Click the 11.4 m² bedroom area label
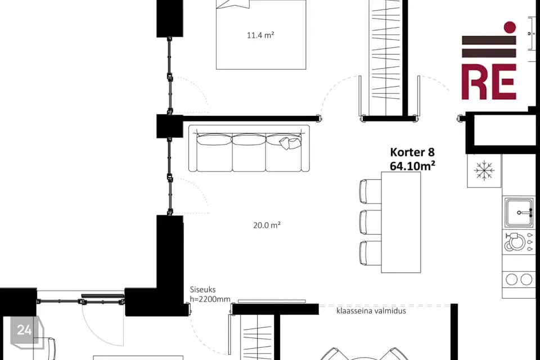260,35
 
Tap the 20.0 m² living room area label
267,226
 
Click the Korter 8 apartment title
412,152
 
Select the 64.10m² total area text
412,166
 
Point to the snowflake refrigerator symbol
484,170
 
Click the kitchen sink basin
519,212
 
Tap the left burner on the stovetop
512,279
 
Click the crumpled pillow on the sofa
289,143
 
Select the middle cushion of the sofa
249,152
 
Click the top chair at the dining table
370,191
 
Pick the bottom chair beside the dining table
370,253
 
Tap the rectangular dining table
401,222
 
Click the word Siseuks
202,290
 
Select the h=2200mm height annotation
210,299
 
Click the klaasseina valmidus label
371,310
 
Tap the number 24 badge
24,330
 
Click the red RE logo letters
489,82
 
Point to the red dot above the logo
510,27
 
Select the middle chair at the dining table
370,222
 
